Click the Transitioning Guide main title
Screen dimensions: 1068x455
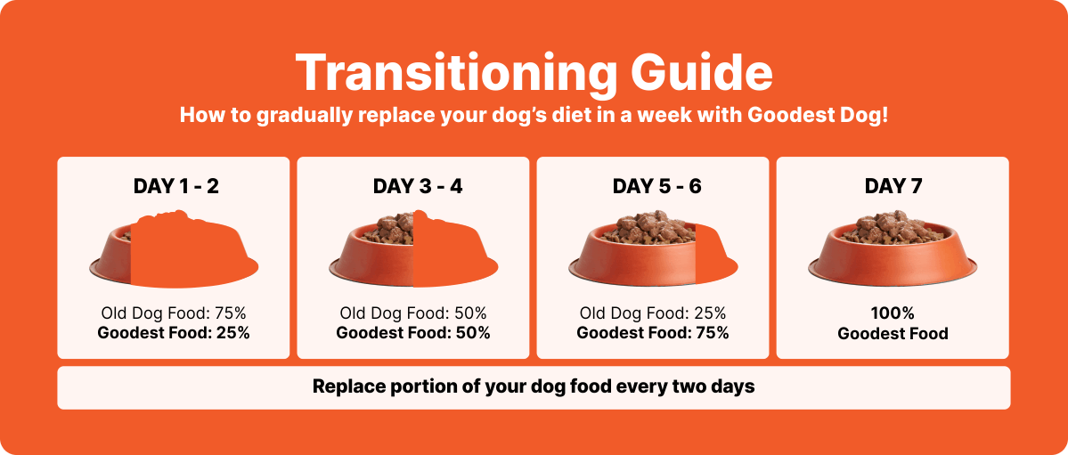click(x=534, y=73)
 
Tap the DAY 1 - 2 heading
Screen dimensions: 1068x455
click(x=176, y=186)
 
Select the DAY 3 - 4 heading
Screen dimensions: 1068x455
click(x=418, y=186)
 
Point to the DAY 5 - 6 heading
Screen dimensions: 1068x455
click(x=656, y=186)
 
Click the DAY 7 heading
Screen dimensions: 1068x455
click(x=893, y=186)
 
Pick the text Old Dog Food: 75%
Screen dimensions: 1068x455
click(x=174, y=313)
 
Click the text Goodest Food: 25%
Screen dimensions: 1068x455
click(x=174, y=333)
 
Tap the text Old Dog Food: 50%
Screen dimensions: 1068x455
click(x=413, y=313)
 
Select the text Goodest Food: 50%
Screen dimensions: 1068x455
click(x=413, y=333)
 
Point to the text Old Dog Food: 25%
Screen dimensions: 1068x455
click(x=653, y=313)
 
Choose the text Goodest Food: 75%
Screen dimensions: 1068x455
click(x=653, y=333)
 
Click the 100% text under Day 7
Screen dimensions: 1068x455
click(x=893, y=313)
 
